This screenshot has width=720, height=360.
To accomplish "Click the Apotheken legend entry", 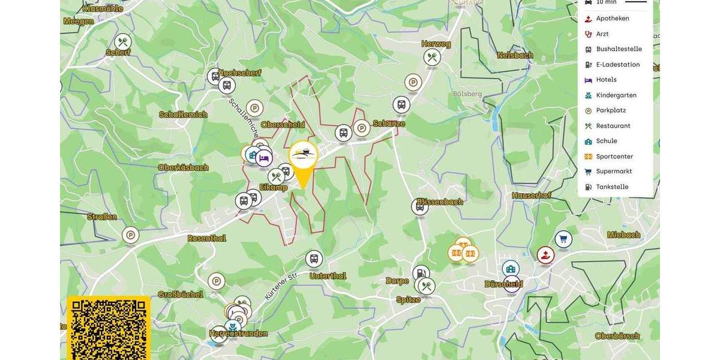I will pos(612,19).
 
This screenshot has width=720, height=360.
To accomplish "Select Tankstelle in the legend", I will pos(611,187).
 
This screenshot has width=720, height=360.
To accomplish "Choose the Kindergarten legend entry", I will pos(616,95).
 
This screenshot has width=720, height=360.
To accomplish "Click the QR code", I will pos(109,329).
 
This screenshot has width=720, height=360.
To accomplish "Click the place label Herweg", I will pos(436,44).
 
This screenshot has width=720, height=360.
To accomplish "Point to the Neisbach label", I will pos(515,55).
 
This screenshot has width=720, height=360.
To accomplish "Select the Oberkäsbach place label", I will pos(183,167).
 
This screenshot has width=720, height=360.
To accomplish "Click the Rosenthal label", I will pos(206,238).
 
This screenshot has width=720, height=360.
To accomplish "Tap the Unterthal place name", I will pos(328,276).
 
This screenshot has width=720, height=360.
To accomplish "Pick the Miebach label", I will pos(623,235).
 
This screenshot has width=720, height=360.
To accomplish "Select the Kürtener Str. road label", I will pos(281,286).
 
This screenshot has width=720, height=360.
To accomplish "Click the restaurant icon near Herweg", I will pos(432,58).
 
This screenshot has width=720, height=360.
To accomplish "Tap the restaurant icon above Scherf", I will pos(123,42).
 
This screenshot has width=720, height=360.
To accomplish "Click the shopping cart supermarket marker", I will pos(563,239).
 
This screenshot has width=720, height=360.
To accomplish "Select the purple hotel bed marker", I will pos(264,158).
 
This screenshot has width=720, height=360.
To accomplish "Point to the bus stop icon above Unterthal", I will pos(314,259).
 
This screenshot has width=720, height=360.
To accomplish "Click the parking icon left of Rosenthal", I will pos(130,235).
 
